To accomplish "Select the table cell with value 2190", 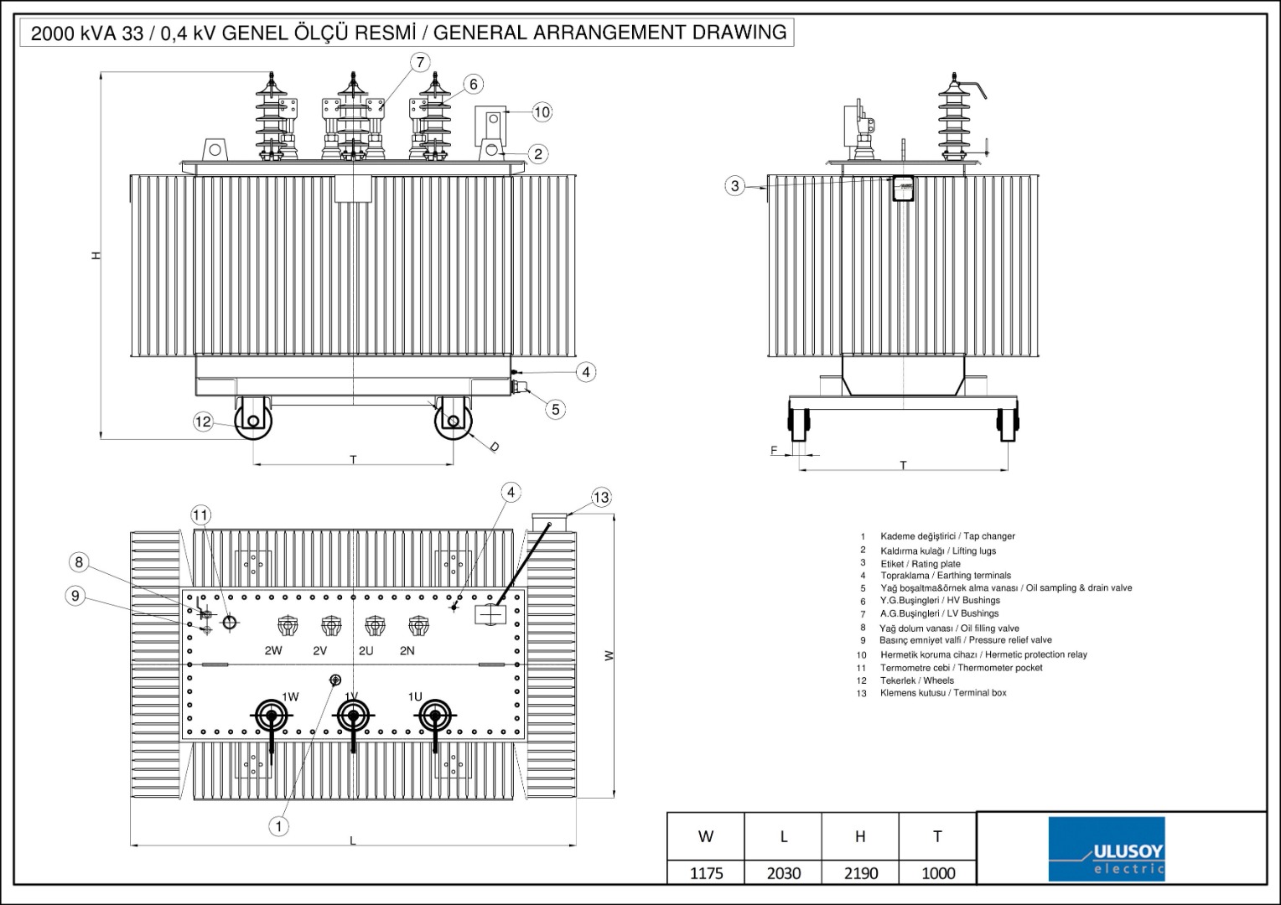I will tap(860, 873).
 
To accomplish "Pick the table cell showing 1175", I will tap(706, 873).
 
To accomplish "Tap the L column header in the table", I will tap(783, 836).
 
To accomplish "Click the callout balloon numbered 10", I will tap(542, 111).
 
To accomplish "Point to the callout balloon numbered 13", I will tap(601, 498).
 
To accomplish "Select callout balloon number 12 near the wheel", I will tap(204, 421).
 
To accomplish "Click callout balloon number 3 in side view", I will tap(735, 186).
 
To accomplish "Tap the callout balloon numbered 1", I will tap(279, 826).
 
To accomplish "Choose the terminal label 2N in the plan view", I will tap(407, 650).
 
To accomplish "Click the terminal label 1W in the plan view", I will tap(290, 696).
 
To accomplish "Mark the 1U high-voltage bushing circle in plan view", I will tap(434, 716).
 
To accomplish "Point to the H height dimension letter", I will tap(96, 255).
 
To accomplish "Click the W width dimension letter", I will tap(609, 655).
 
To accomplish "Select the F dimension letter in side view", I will tap(774, 451).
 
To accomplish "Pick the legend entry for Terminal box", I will tap(942, 693).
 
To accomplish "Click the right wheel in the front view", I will tap(454, 421).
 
